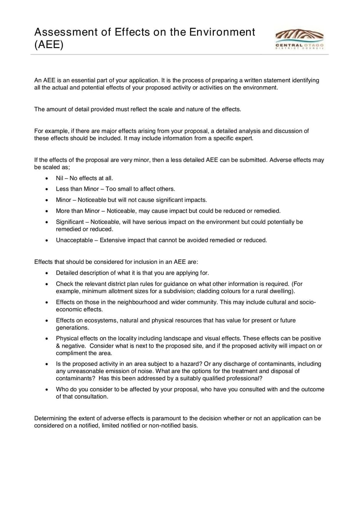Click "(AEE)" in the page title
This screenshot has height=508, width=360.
tap(49, 45)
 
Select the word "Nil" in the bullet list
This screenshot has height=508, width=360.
tap(60, 178)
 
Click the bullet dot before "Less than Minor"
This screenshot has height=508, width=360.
tap(47, 189)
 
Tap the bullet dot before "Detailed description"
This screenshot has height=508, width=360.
tap(47, 273)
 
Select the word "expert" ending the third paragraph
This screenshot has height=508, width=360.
tap(244, 138)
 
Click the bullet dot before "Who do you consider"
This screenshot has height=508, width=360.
tap(47, 389)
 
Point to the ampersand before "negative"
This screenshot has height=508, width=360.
tap(58, 345)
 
